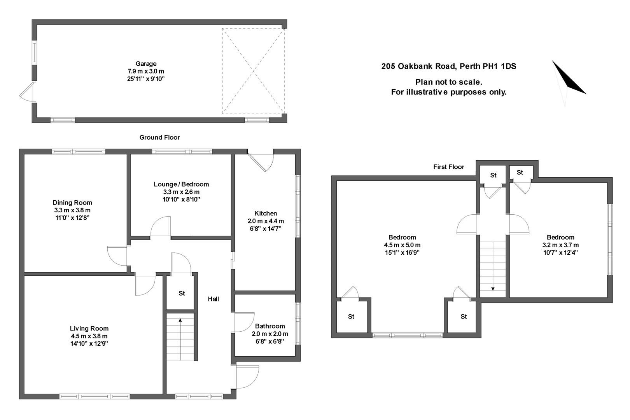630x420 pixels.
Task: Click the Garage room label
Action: [x=146, y=64]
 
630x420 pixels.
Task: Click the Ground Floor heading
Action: [x=159, y=137]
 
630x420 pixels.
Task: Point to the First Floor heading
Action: [x=448, y=167]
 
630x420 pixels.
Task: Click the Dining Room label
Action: [x=72, y=203]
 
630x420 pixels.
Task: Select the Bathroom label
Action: [x=269, y=326]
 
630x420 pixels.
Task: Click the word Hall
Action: [x=213, y=299]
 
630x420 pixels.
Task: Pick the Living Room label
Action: [x=89, y=329]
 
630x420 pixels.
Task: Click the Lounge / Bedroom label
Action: [x=181, y=184]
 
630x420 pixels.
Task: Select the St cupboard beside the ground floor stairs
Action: [x=182, y=293]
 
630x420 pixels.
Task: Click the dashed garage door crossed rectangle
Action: [x=253, y=71]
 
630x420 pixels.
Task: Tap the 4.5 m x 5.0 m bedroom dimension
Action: [x=402, y=245]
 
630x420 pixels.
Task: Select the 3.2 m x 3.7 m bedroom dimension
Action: [x=560, y=245]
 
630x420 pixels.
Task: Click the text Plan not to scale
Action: [x=448, y=82]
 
